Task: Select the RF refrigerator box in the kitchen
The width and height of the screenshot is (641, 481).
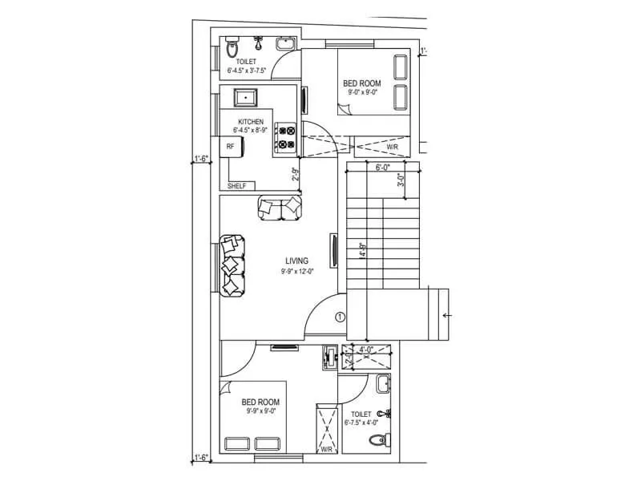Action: (231, 147)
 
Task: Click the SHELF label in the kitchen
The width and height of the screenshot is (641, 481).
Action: (236, 186)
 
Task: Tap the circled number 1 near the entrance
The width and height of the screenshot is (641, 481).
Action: (339, 317)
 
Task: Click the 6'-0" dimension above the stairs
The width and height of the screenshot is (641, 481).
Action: (383, 168)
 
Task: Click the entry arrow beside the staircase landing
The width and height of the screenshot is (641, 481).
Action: (446, 316)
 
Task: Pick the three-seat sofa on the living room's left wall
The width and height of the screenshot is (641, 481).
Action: (232, 265)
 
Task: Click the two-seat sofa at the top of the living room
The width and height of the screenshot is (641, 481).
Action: (281, 208)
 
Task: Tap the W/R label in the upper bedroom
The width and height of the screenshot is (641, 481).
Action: (393, 148)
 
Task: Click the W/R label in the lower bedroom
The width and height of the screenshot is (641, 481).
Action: (327, 450)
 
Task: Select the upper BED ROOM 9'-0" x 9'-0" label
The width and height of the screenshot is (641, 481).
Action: (361, 87)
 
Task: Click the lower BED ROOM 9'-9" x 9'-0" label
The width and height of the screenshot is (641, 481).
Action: (261, 406)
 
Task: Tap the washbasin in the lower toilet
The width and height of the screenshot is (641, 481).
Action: (383, 385)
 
